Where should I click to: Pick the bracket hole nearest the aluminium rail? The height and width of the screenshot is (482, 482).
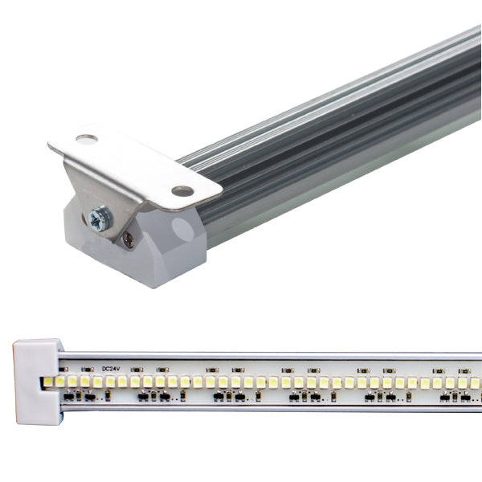[182, 191]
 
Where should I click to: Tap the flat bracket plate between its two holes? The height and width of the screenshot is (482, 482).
[133, 165]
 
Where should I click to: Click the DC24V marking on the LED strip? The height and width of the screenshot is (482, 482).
[112, 370]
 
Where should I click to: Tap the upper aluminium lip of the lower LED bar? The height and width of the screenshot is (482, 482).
[273, 357]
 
